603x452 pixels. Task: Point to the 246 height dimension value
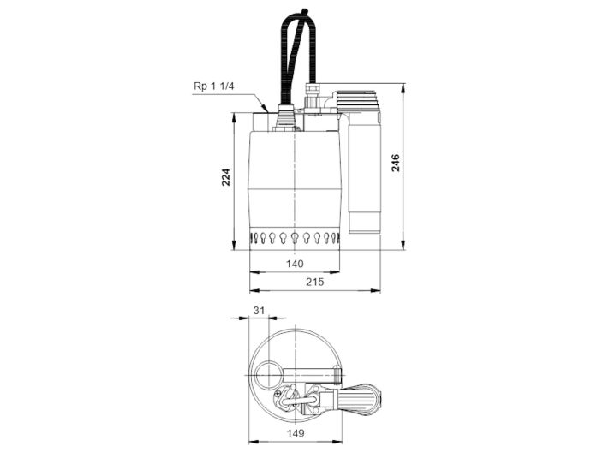click(396, 163)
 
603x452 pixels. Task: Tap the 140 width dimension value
click(294, 265)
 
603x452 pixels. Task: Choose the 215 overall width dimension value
click(313, 282)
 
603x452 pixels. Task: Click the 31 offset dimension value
click(259, 311)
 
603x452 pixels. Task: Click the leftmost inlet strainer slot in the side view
click(254, 237)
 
